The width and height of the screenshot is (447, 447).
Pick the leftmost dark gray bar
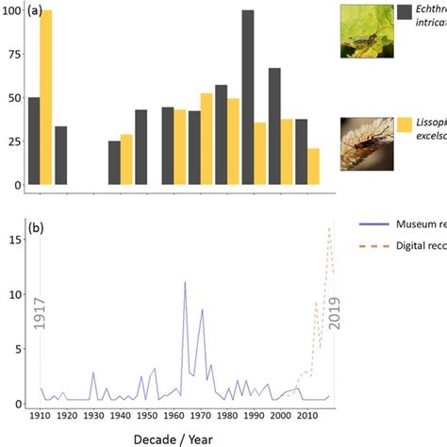pos(34,141)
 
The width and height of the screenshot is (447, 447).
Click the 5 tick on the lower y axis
pos(14,349)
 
